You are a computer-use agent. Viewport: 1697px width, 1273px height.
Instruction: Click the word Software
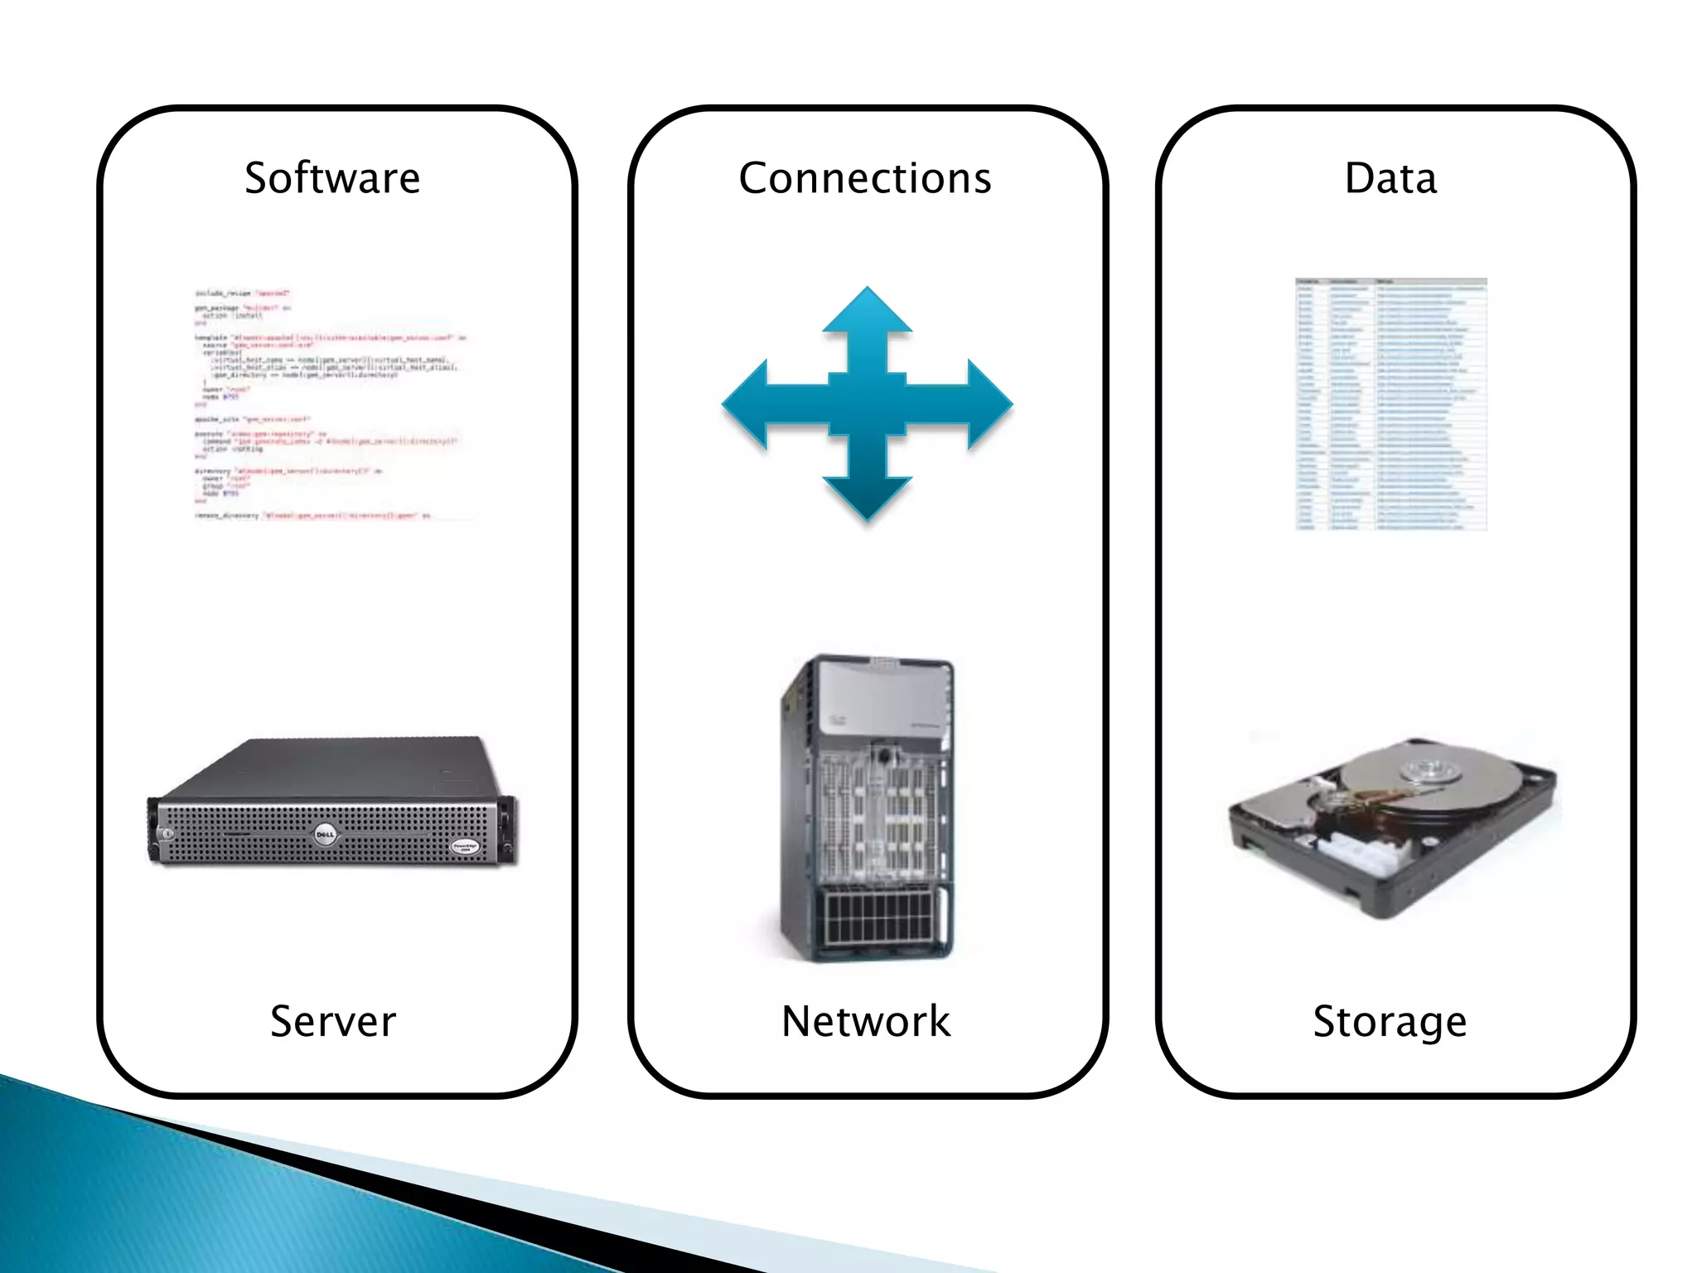(x=332, y=178)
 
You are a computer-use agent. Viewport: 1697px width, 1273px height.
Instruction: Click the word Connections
(x=864, y=178)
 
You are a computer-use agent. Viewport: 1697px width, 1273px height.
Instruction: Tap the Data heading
(x=1390, y=178)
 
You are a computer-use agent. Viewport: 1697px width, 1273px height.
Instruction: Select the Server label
(x=333, y=1021)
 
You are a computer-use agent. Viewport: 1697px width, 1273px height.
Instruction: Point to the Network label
(x=866, y=1021)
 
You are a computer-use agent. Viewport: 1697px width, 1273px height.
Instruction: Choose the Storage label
(x=1390, y=1021)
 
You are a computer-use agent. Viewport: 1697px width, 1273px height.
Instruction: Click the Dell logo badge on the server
(x=325, y=835)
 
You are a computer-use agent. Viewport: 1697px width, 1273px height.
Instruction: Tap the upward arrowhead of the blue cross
(x=868, y=311)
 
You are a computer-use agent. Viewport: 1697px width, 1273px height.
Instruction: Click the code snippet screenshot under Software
(x=331, y=404)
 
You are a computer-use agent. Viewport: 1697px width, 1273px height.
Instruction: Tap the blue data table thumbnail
(x=1390, y=404)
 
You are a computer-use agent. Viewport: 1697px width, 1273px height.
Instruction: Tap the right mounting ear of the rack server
(x=507, y=829)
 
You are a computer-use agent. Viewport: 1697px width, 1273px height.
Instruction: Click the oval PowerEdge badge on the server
(x=464, y=846)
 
